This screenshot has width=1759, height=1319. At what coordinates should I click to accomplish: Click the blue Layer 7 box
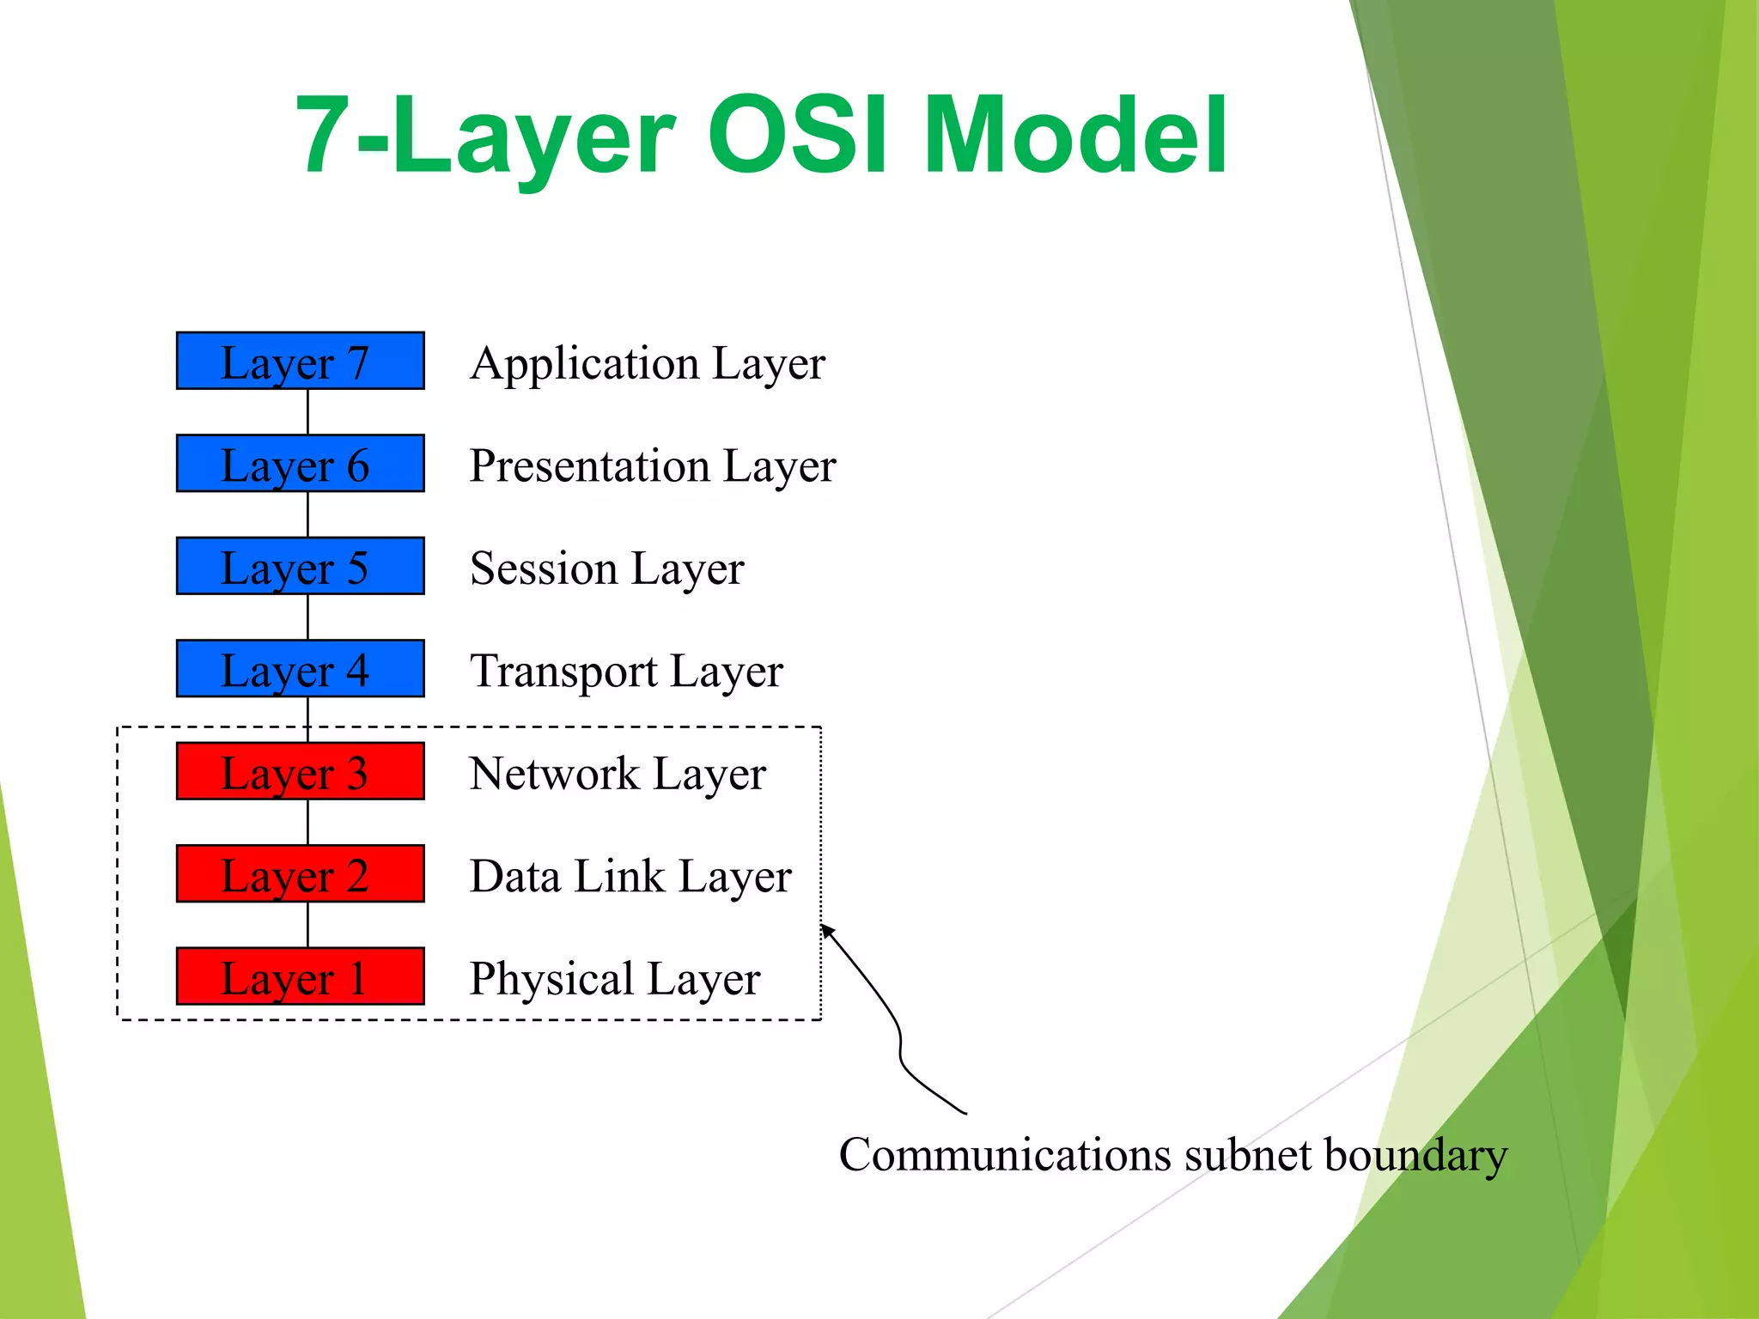(x=300, y=361)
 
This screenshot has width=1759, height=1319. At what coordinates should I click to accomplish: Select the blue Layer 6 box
(x=300, y=464)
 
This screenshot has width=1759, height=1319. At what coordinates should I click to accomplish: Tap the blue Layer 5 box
(x=300, y=566)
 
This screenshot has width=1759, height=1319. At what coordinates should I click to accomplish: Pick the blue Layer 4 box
(x=300, y=668)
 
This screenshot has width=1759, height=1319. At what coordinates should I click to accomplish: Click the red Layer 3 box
(x=300, y=771)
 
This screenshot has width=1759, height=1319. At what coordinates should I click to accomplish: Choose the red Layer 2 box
(x=300, y=873)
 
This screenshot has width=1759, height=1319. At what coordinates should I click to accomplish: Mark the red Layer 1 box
(x=300, y=976)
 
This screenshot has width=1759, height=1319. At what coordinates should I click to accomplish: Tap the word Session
(x=544, y=568)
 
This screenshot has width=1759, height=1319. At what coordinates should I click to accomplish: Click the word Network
(x=554, y=774)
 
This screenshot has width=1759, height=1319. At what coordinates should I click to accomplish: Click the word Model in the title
(x=1075, y=136)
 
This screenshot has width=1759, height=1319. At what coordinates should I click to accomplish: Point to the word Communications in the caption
(x=1005, y=1155)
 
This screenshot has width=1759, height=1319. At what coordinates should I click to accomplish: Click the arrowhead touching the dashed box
(x=826, y=930)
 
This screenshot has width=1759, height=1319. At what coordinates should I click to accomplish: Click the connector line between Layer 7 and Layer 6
(x=308, y=412)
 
